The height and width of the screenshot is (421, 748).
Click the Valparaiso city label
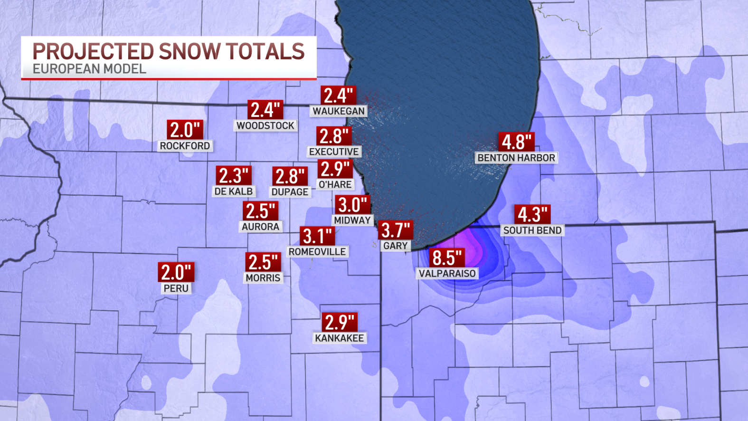(447, 274)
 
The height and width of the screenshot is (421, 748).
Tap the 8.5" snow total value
(447, 258)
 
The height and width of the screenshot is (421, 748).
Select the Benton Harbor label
(516, 158)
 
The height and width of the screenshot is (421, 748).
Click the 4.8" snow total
(516, 142)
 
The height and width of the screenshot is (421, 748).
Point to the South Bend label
(532, 230)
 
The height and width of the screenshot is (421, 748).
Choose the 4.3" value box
(532, 214)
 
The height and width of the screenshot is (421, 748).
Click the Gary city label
(395, 246)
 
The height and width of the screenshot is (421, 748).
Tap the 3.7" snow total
(396, 230)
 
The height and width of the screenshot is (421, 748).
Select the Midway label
(352, 220)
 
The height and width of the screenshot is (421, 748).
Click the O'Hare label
(335, 184)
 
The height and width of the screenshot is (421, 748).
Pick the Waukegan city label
(339, 111)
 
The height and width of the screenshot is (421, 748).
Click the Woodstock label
(265, 125)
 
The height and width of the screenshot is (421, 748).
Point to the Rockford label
(185, 146)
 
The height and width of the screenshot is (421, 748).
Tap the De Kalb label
(234, 191)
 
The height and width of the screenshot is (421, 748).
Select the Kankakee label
(340, 338)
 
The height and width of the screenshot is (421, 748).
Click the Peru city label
(176, 288)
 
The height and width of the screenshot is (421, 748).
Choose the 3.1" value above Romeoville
(317, 236)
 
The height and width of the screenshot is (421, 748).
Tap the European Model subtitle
(89, 69)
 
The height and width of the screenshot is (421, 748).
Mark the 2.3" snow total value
(233, 176)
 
